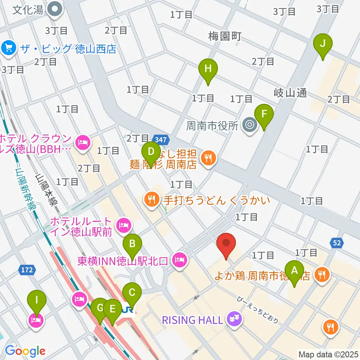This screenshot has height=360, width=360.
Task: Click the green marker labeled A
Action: coord(294,270)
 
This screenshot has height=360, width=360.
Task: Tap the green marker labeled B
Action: coord(132,244)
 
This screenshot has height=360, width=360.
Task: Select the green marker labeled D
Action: coord(151,152)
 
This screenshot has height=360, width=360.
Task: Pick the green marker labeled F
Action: coord(264,114)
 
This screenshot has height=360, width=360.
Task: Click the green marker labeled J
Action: coord(323,43)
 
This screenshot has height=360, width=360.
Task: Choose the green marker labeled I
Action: coord(36,300)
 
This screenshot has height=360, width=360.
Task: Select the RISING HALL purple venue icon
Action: coord(235,319)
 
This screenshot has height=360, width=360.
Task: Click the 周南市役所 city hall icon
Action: coord(250,125)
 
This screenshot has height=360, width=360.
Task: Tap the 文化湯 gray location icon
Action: coord(55,9)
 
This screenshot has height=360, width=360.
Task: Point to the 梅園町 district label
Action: coord(225,36)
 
